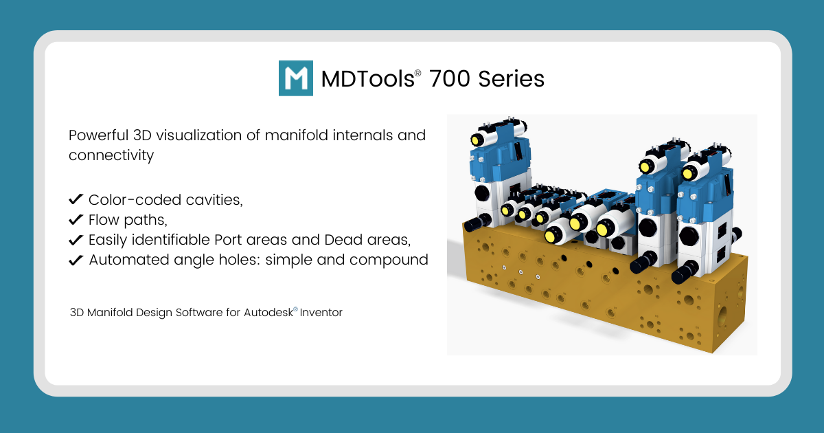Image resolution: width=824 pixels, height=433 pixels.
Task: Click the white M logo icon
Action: [296, 78]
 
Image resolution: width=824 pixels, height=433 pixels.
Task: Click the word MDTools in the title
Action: [367, 79]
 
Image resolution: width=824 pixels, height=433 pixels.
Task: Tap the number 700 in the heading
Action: [451, 79]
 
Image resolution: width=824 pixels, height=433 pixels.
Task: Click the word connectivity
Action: [111, 156]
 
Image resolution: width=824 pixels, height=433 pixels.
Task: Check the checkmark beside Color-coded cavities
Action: [76, 200]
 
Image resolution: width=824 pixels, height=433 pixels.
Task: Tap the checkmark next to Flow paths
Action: [76, 220]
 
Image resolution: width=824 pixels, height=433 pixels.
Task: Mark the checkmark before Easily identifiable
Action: [76, 240]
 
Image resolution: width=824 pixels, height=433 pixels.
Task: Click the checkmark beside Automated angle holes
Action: [76, 260]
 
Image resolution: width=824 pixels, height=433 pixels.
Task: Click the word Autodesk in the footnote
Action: [268, 313]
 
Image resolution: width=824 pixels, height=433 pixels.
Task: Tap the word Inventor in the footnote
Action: [321, 313]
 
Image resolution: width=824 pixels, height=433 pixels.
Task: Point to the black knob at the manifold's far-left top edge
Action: [472, 224]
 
